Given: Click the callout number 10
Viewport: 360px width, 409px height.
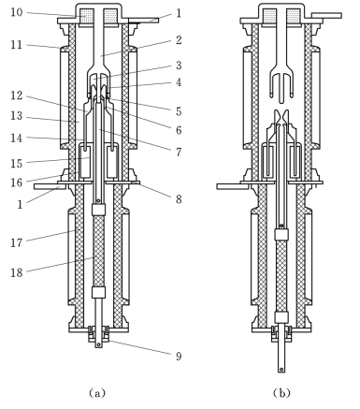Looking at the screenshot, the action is [17, 12].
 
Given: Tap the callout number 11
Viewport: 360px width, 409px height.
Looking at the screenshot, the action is [17, 45].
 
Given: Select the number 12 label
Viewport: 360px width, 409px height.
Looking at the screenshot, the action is [17, 95].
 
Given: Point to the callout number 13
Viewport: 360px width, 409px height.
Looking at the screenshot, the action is [17, 116].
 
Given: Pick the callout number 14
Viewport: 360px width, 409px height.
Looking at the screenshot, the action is [17, 138].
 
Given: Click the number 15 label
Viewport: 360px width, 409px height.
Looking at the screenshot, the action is [17, 164].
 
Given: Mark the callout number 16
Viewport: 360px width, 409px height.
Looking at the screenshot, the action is [17, 183].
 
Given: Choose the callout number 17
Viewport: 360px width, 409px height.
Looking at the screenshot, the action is [17, 242].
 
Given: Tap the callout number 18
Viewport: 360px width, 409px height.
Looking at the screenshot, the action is [17, 272].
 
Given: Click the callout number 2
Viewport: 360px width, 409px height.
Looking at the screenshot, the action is [179, 40].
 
